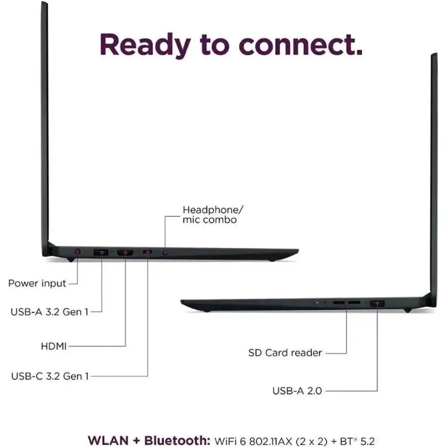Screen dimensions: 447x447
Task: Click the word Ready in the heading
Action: tap(145, 46)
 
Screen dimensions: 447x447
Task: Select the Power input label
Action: tap(37, 284)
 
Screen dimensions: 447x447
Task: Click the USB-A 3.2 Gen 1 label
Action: tap(49, 312)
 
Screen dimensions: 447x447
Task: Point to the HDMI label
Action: tap(54, 346)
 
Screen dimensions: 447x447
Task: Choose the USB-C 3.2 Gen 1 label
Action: tap(50, 376)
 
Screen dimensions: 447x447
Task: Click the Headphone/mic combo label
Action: tap(213, 215)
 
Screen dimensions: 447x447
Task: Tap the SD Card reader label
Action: tap(285, 353)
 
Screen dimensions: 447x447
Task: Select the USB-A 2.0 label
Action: tap(297, 391)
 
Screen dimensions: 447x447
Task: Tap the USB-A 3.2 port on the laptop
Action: tap(101, 252)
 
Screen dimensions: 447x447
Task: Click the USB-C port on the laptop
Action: tap(148, 252)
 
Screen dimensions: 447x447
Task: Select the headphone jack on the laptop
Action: tap(165, 253)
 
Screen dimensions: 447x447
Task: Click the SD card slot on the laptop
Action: tap(347, 302)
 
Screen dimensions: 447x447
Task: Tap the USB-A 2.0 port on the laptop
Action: tap(377, 304)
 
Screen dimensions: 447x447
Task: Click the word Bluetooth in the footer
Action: tap(177, 441)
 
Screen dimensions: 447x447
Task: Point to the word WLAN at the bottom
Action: tap(108, 441)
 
